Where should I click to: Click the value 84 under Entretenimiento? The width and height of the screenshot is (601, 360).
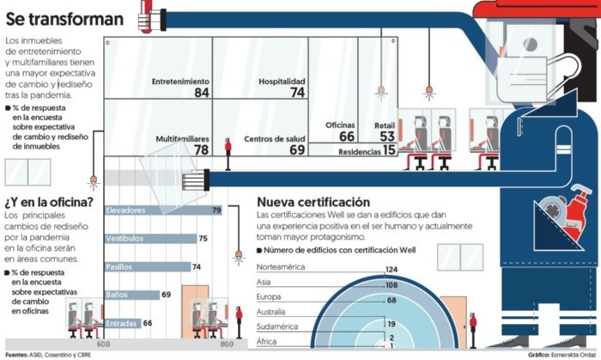(202, 93)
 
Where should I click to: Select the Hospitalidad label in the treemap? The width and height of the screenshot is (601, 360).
(282, 81)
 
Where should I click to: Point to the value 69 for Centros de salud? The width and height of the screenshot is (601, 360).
(297, 149)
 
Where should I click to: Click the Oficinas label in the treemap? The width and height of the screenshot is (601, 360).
(340, 125)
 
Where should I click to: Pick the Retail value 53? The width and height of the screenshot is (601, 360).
(387, 137)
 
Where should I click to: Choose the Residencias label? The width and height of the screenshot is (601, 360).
(359, 150)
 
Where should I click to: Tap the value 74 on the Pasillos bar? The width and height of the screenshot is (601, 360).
(197, 267)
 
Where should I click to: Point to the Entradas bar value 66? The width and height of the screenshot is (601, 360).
(147, 323)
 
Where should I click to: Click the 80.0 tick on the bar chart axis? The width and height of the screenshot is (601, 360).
(227, 344)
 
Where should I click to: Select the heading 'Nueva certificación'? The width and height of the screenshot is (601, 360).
(319, 202)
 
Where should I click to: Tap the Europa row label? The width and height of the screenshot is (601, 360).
(270, 296)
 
